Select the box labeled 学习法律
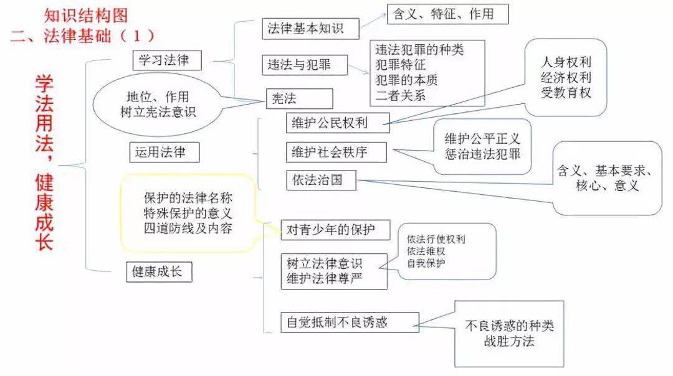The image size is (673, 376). [x=166, y=60]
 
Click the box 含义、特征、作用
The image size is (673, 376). [x=447, y=14]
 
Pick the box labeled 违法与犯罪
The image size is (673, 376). [x=305, y=64]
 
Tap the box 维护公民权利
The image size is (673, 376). [x=336, y=122]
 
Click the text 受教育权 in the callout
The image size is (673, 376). [x=566, y=92]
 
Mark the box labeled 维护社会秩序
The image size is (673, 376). [x=336, y=152]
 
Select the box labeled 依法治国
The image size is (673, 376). [x=322, y=181]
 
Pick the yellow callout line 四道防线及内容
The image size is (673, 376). [x=188, y=228]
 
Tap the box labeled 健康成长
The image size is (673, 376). [x=158, y=271]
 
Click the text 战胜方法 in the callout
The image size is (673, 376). [x=508, y=341]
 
